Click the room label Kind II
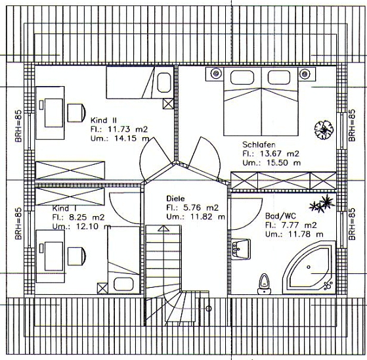coord(103,120)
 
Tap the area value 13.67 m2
coord(280,154)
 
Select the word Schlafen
coord(259,145)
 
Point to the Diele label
coord(175,198)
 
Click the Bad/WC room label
coord(280,216)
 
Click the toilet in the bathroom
coord(264,284)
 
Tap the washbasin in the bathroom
coord(240,249)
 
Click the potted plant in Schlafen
coord(324,130)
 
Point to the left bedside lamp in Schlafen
coord(215,74)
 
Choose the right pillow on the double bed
coord(279,78)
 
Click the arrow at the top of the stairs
coord(163,229)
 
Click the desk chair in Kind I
coord(77,256)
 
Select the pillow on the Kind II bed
coord(163,83)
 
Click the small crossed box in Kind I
coord(102,288)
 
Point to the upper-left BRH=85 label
coord(18,126)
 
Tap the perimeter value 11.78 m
coord(303,235)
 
